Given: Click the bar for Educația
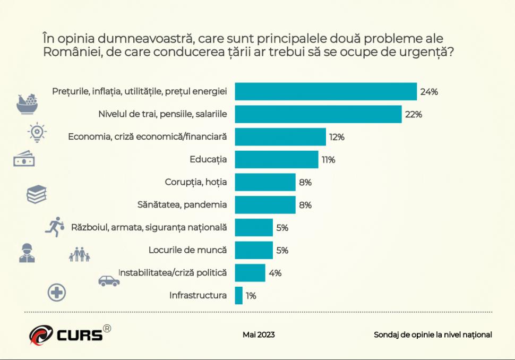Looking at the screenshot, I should pos(276,159).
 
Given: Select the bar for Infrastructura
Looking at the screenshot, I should pos(238,295).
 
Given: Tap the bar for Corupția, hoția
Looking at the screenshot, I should pos(265,182).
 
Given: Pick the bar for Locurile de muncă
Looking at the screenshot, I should pos(253,250).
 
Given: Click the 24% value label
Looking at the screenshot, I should pos(428,92).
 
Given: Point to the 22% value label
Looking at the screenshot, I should pos(413,115).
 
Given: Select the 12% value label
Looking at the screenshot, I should pos(337,137).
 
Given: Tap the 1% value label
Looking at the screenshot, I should pos(251,296).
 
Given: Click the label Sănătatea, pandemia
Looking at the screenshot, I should pos(182,204).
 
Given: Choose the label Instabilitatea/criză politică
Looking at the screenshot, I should pos(173,273).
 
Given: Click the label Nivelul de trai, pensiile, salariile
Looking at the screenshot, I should pos(163,114).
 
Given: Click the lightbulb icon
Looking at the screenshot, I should pos(37,132).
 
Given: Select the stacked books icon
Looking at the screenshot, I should pos(37,194).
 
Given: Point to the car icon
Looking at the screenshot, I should pos(109,281).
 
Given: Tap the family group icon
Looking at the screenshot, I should pos(79,255).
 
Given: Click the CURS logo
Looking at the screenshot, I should pos(70,334).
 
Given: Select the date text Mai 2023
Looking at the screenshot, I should pos(259,335).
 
